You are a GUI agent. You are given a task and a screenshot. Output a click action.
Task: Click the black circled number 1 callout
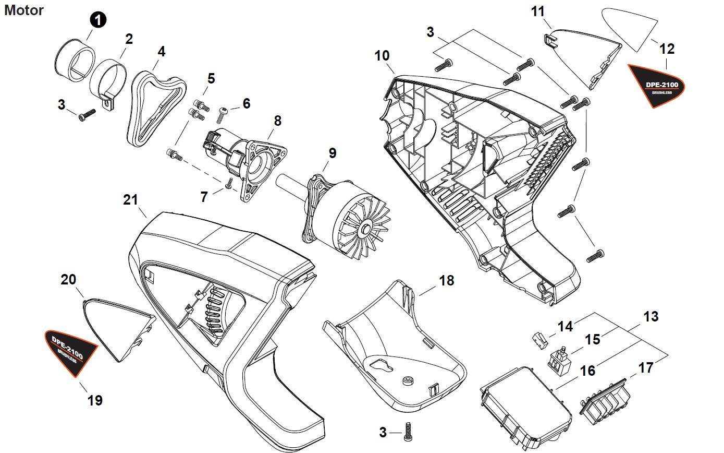coord(98,20)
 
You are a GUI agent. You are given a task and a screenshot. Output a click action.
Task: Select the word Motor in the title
coord(24,10)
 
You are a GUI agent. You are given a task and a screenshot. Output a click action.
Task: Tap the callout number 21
coord(131,200)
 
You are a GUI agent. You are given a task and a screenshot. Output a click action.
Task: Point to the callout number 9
coord(333,153)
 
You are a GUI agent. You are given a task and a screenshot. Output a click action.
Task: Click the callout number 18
coord(446,281)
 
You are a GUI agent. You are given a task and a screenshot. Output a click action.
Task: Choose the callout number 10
coord(382,56)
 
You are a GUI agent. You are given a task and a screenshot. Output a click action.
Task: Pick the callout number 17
coord(646,367)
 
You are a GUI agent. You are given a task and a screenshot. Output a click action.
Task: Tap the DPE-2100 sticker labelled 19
coord(70,353)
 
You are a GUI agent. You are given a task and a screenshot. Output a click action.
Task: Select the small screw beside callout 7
coord(229,184)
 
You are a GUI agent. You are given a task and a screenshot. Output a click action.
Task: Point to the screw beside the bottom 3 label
coord(408,432)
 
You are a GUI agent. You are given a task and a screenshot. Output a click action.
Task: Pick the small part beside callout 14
coord(540,340)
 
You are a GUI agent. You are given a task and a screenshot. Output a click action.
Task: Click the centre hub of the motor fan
coord(365,229)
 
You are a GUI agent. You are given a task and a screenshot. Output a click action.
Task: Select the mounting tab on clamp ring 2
coord(109,102)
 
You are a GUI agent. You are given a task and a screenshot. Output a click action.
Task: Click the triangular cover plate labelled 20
coord(119,328)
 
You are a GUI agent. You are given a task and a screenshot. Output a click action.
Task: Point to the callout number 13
coord(651,316)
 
